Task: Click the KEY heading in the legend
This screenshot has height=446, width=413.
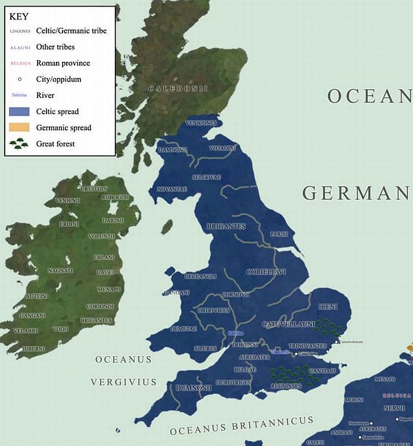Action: coord(20,17)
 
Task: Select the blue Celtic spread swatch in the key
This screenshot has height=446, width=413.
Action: coord(19,112)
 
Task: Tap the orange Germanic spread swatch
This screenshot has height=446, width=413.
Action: coord(19,127)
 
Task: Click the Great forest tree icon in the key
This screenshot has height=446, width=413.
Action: coord(19,143)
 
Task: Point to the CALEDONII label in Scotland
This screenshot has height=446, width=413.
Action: coord(178,89)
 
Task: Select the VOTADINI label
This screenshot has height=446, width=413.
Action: coord(222,147)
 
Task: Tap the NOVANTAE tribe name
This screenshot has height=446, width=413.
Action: coord(172,189)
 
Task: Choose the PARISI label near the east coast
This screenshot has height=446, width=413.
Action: coord(279,234)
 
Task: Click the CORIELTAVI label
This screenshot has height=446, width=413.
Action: coord(266,272)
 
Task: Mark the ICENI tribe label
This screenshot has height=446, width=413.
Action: coord(328,306)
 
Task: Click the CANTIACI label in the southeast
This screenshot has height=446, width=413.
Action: coord(324,371)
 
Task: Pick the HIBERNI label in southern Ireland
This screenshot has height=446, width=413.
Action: coord(33,349)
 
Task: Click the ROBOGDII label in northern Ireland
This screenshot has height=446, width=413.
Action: coord(115,197)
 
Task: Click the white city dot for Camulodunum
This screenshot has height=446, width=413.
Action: coord(337,341)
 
